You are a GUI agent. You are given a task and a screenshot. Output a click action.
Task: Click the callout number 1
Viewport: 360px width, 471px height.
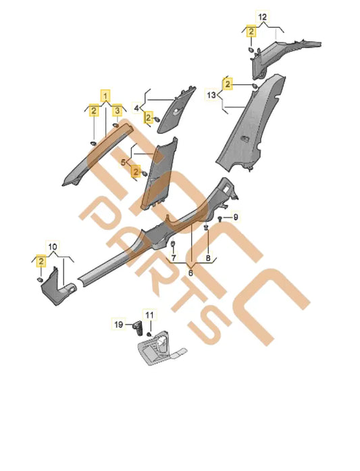(105, 96)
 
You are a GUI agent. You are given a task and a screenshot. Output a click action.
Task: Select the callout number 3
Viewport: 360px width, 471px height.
(117, 111)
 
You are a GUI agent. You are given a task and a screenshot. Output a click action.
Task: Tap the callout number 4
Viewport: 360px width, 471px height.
(137, 107)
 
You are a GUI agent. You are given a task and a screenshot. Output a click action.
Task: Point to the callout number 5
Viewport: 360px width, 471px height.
(123, 163)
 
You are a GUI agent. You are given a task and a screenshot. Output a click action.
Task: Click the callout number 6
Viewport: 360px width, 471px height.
(190, 273)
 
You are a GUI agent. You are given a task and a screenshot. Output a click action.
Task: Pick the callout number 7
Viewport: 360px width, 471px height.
(174, 257)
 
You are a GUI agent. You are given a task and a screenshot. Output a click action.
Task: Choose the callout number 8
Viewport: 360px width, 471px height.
(208, 257)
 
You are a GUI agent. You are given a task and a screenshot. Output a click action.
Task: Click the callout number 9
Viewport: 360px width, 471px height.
(236, 217)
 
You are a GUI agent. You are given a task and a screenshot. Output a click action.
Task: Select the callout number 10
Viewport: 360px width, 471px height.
(52, 247)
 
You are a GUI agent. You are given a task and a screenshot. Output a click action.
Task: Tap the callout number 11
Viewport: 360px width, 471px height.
(149, 315)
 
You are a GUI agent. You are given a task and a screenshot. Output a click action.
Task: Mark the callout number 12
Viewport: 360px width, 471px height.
(263, 17)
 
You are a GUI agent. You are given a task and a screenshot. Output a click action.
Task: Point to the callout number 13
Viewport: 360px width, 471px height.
(211, 95)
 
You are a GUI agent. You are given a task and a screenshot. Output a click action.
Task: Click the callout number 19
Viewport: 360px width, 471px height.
(119, 325)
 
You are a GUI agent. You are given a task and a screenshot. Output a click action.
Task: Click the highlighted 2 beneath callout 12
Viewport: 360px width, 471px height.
(251, 31)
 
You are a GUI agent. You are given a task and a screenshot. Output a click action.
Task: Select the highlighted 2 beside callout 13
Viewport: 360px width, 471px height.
(228, 84)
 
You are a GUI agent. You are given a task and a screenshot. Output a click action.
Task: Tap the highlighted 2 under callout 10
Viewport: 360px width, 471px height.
(41, 261)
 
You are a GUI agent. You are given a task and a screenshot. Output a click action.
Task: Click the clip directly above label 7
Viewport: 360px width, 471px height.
(173, 244)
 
